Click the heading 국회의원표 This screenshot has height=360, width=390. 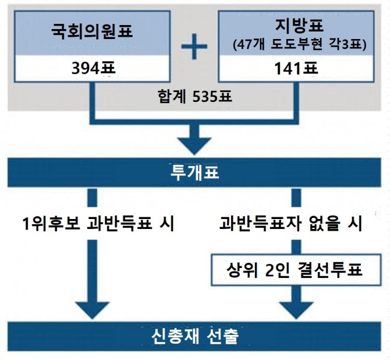(x=92, y=31)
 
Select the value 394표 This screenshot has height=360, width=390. (x=92, y=69)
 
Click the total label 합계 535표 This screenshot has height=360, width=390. (x=195, y=95)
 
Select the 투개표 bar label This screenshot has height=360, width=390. (x=195, y=171)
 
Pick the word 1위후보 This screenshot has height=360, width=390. (x=47, y=223)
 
